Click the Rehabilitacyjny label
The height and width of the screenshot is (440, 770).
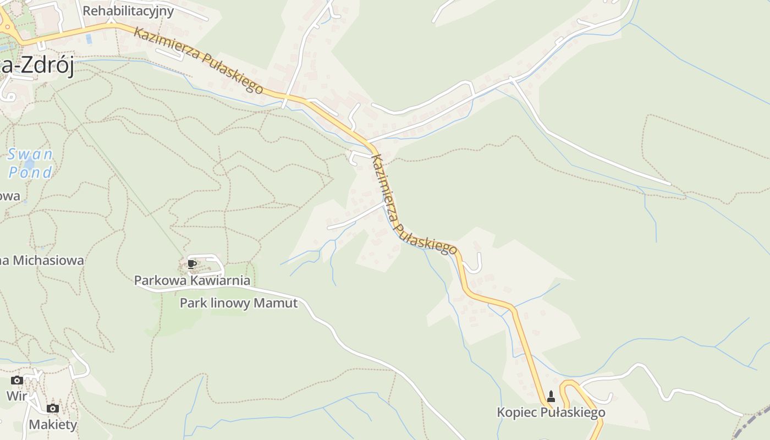coord(128,11)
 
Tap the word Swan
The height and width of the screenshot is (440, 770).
coord(30,155)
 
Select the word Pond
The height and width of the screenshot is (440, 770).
coord(30,173)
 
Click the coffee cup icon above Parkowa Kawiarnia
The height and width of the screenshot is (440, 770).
coord(191,265)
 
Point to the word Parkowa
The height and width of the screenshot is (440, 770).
coord(160,280)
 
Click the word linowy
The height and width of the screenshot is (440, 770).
coord(237,303)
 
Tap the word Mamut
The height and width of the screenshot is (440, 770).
coord(280,303)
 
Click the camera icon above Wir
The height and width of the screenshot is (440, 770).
coord(17,380)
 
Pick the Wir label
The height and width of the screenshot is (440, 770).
coord(16,395)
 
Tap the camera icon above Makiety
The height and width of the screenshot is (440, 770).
coord(53,408)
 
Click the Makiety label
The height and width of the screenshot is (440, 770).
coord(53,425)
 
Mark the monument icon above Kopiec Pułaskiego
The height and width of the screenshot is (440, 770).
coord(551,397)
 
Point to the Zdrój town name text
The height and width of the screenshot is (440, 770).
coord(47,68)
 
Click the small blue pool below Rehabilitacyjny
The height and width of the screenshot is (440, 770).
coord(89,39)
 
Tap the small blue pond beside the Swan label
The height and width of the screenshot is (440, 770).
coord(29,164)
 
